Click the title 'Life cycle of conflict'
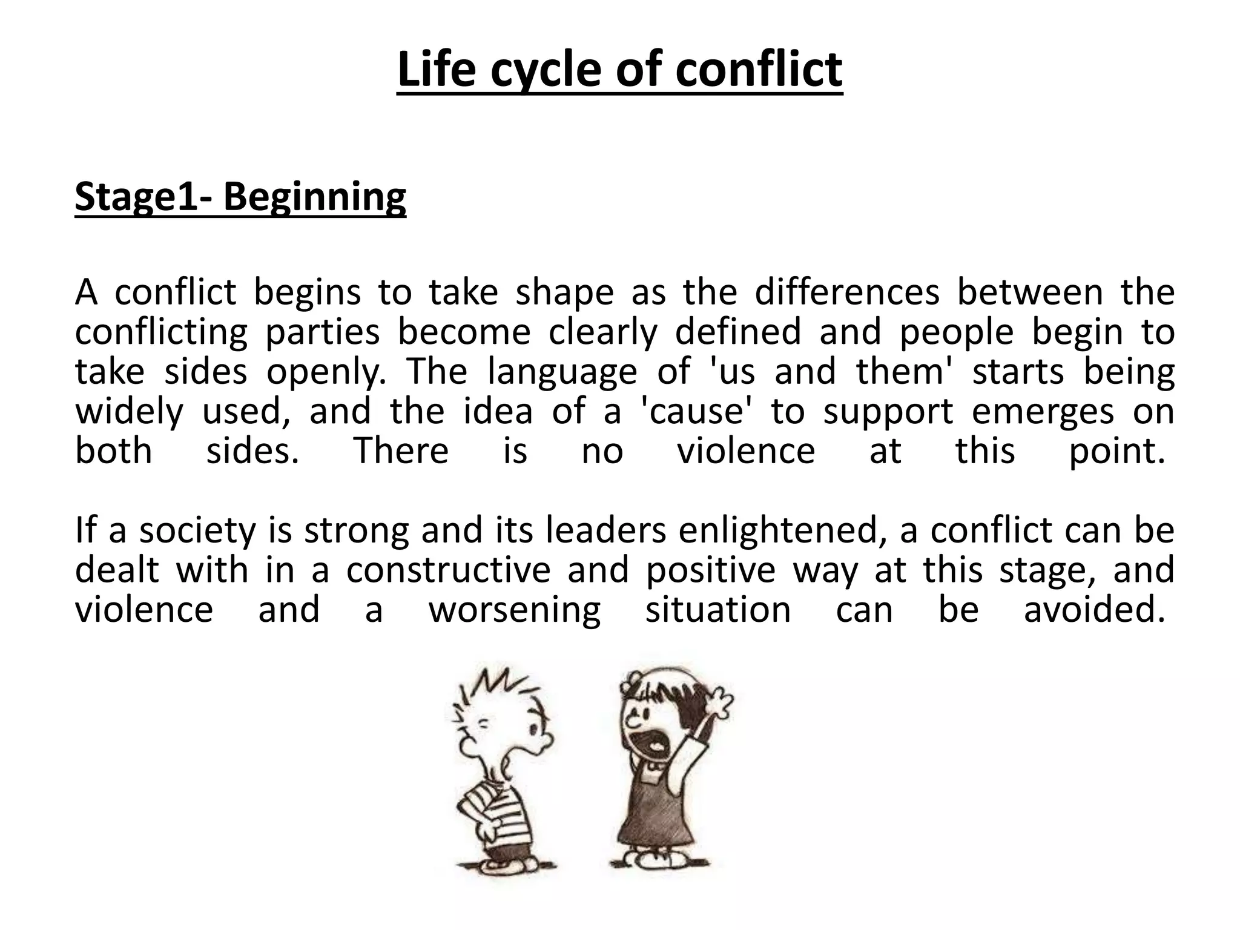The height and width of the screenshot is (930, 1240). click(x=619, y=70)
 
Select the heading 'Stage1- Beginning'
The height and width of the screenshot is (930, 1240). click(x=240, y=197)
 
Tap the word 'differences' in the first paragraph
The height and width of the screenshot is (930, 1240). click(x=847, y=292)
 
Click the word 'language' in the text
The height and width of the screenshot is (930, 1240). click(x=562, y=372)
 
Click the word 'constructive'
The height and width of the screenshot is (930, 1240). click(x=449, y=570)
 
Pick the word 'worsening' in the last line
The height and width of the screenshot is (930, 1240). click(x=515, y=610)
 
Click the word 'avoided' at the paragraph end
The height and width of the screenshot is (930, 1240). click(x=1093, y=610)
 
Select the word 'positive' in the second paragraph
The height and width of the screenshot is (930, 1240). click(x=710, y=570)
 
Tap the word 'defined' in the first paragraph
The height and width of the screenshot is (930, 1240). click(x=738, y=332)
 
